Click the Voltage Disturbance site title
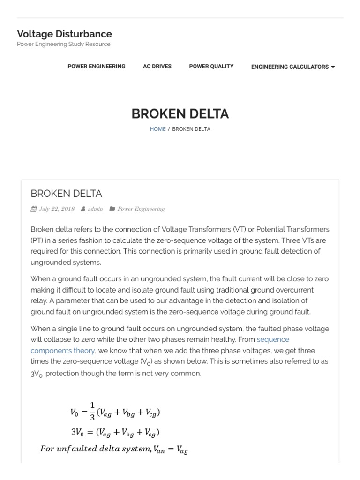pos(64,34)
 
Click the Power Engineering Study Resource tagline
pos(64,44)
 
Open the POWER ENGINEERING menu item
pos(97,67)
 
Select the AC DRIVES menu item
pos(157,67)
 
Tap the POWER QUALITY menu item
pos(211,67)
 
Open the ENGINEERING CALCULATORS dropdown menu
pos(290,67)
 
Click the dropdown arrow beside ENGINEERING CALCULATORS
pos(333,67)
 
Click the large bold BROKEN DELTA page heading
pos(180,114)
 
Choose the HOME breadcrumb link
pos(157,129)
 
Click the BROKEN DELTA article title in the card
pos(66,194)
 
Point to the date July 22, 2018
pos(56,209)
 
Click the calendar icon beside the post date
pos(34,209)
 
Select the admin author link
pos(95,209)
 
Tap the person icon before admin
pos(83,209)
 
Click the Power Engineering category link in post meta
pos(141,209)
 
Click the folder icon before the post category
pos(112,209)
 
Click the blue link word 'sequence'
pos(273,339)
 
